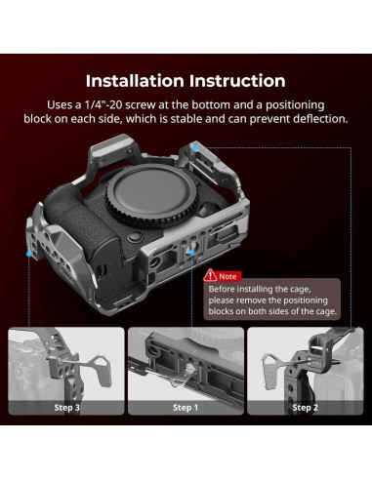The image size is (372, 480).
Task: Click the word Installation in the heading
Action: tap(135, 81)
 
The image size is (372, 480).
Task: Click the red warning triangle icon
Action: tap(210, 275)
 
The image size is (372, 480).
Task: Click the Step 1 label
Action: tap(186, 408)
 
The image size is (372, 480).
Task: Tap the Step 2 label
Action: tap(305, 408)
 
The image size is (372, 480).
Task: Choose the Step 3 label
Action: tap(66, 408)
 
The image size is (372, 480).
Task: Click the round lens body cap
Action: tap(151, 192)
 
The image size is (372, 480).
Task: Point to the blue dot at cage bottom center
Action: tap(191, 252)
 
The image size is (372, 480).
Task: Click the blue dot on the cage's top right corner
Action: tap(194, 147)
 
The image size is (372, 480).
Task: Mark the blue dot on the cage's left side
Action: tap(29, 254)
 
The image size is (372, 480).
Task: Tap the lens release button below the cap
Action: tap(135, 238)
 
